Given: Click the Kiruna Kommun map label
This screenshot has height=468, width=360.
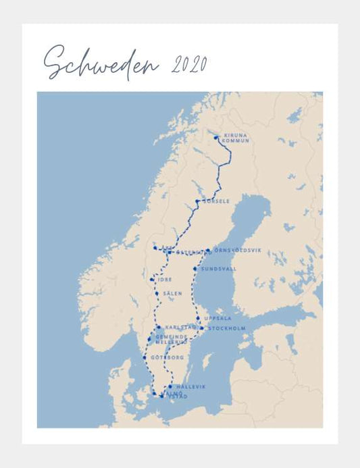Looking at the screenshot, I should tap(236, 138).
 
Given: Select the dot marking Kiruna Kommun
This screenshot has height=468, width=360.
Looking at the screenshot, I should tap(216, 137).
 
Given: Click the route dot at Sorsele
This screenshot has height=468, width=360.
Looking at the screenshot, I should tap(197, 201).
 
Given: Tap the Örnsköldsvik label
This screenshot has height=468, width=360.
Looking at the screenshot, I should tap(237, 250).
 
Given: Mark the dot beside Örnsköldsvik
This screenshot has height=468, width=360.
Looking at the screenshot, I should tap(209, 252).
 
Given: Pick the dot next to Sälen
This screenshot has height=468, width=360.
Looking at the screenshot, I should tap(157, 294).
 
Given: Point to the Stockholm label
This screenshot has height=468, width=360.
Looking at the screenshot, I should tap(227, 329).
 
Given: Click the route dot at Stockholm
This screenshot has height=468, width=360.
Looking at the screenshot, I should tap(202, 329).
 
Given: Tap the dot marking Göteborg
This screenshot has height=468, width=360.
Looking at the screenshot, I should tap(145, 357).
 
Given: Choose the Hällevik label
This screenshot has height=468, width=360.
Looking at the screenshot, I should tap(190, 386).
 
